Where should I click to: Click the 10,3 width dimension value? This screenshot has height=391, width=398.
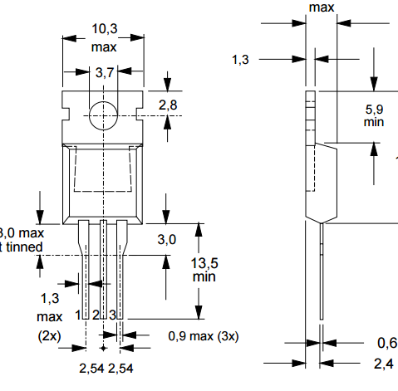click(104, 30)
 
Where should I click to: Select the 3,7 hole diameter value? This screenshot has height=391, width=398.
click(105, 73)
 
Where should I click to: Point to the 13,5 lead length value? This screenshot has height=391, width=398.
click(204, 263)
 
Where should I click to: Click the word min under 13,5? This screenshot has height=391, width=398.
click(204, 277)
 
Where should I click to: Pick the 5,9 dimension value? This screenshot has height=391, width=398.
click(376, 108)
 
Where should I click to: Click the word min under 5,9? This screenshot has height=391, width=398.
click(376, 122)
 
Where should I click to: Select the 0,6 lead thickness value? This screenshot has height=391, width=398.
click(386, 343)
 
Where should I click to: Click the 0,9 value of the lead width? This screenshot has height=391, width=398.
click(179, 335)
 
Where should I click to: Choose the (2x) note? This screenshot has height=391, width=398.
click(49, 335)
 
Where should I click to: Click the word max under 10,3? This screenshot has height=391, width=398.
click(104, 46)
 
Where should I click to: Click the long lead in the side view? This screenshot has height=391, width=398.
click(322, 274)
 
